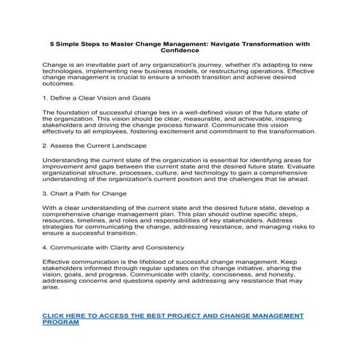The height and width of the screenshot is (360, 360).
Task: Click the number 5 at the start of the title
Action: tap(42, 43)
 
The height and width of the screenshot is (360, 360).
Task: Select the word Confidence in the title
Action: tap(180, 50)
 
